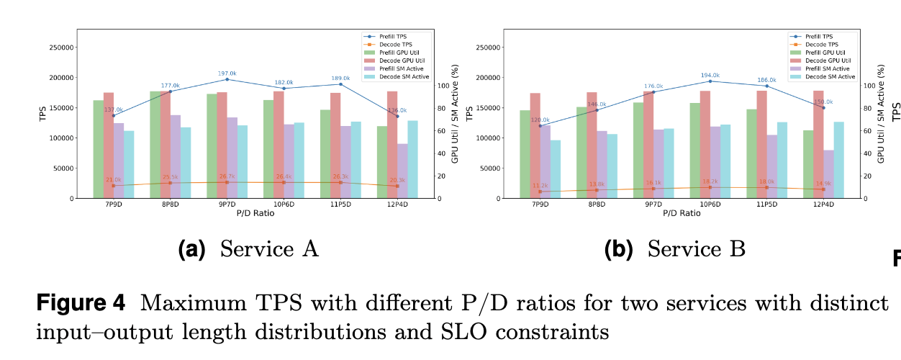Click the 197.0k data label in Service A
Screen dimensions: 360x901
(x=227, y=73)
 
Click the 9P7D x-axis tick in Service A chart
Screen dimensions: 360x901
(x=227, y=204)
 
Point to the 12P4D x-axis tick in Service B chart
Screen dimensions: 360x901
(x=823, y=204)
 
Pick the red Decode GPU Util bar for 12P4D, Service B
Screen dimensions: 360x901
(x=818, y=144)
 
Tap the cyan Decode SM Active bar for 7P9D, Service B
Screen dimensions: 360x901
(x=556, y=169)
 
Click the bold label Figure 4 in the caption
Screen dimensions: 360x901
(x=81, y=302)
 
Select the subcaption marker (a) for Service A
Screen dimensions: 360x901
(x=191, y=250)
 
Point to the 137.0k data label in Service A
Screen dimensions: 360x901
(x=114, y=109)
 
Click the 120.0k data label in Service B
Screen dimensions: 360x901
(x=540, y=120)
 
